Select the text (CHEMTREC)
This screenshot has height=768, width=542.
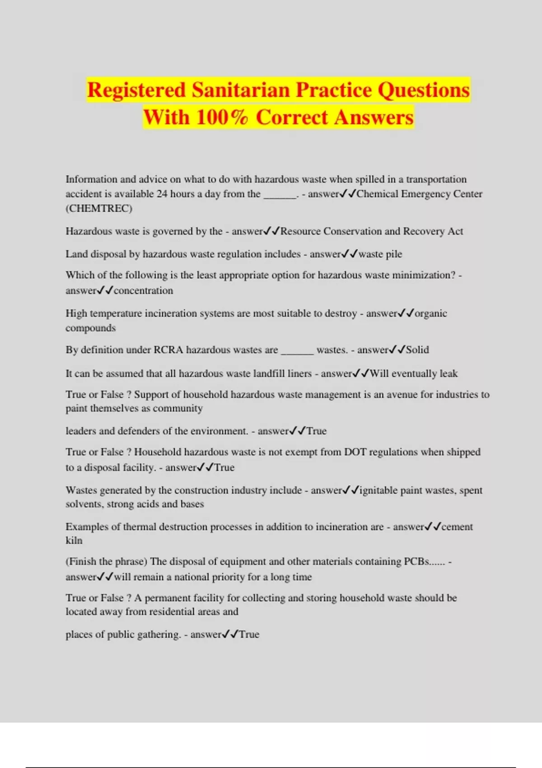99,208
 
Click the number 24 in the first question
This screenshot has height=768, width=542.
162,194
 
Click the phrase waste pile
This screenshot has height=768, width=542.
380,254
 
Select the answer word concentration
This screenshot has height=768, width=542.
143,290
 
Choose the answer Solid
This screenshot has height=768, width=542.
417,350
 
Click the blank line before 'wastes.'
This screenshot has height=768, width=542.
297,351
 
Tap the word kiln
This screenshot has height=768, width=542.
74,540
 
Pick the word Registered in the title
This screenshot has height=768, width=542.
136,90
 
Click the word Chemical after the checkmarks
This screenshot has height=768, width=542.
377,194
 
